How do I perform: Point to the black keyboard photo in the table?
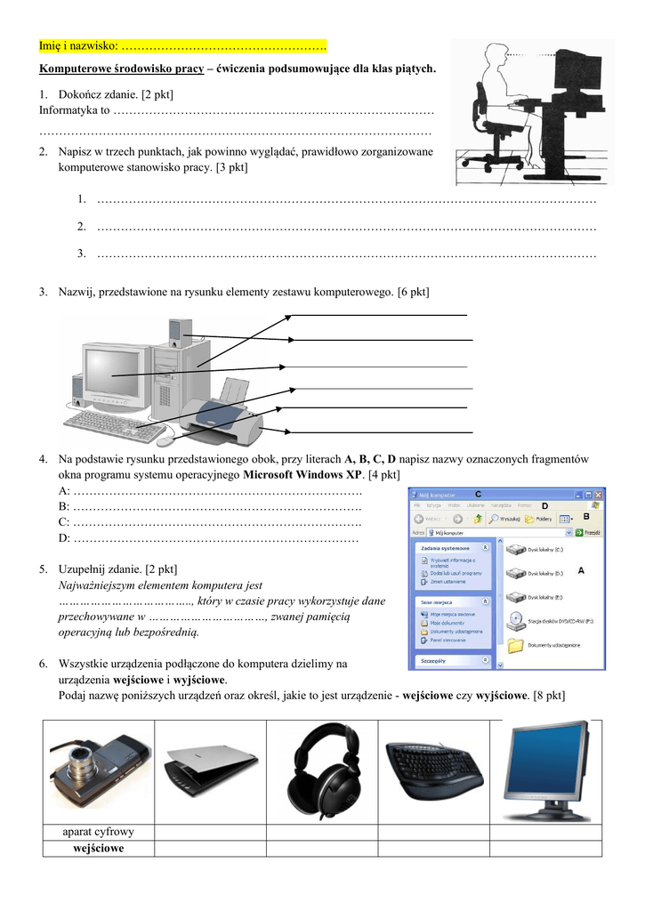434,767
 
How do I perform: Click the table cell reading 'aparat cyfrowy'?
98,832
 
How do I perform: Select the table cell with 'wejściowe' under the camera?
98,849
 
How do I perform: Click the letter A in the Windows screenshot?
581,569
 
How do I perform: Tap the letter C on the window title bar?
478,494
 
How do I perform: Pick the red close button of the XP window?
600,494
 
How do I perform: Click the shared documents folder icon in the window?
515,645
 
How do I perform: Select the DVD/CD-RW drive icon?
515,620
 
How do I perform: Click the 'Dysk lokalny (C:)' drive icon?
515,550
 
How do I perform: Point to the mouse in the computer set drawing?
165,439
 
